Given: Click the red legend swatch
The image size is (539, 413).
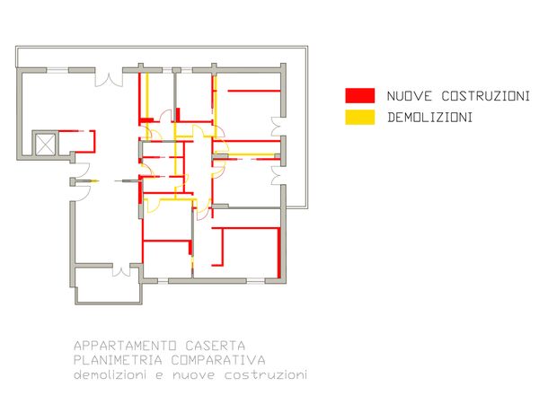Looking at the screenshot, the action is click(360, 95).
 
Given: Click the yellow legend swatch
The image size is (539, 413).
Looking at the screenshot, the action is click(360, 117).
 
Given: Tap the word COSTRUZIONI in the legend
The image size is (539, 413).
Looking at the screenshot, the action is click(486, 96).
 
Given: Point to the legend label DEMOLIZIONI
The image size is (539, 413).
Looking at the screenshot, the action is click(429, 118).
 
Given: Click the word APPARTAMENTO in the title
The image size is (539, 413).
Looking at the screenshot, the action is click(126, 346).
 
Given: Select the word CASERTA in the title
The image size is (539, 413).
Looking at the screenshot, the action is click(216, 346).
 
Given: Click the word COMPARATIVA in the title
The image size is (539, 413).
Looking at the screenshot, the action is click(218, 360).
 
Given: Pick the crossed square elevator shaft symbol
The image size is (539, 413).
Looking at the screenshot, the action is click(46, 145).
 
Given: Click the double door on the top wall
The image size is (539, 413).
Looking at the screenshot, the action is click(109, 77).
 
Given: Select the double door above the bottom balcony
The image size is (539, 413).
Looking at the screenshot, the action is click(121, 270).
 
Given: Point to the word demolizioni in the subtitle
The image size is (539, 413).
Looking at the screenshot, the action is click(110, 374).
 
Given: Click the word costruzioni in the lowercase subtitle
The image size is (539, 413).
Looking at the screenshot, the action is click(266, 374).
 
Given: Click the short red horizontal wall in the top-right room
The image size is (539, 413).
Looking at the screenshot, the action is click(254, 91).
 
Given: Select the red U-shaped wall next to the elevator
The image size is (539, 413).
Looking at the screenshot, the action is click(77, 142).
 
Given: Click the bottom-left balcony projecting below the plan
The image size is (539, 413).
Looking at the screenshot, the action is click(109, 284).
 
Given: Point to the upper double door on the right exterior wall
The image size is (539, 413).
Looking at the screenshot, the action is click(276, 127).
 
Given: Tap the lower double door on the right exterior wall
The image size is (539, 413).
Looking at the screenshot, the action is click(276, 176).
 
